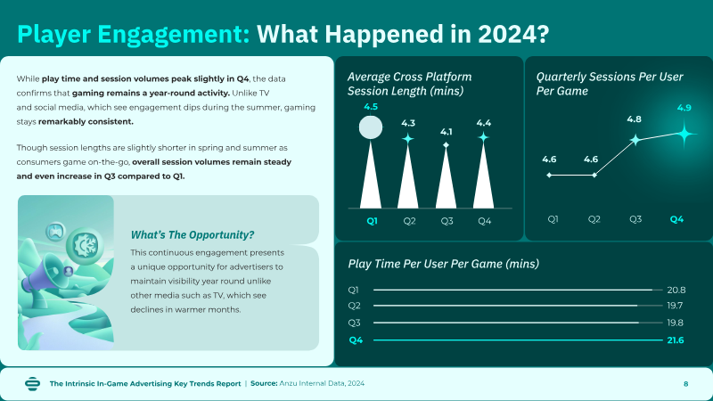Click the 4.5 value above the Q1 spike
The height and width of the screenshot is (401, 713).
(x=371, y=107)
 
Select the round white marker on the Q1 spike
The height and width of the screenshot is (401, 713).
(x=371, y=127)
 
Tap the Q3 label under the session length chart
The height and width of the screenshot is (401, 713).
(x=447, y=221)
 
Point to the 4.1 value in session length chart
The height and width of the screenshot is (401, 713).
(x=447, y=132)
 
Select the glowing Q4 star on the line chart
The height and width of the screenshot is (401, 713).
(x=684, y=134)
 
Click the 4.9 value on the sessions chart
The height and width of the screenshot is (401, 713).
(x=684, y=108)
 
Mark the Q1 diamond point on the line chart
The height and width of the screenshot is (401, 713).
(x=549, y=175)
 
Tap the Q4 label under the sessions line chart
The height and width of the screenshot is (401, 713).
(x=676, y=219)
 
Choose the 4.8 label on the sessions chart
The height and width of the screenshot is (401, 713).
(x=634, y=119)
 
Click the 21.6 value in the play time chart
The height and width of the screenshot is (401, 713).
(x=676, y=340)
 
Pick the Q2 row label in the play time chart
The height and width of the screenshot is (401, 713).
(x=354, y=306)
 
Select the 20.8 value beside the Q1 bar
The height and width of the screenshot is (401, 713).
(x=676, y=290)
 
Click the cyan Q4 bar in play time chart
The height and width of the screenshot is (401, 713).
(x=518, y=340)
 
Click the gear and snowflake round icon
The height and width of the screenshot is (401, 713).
(x=85, y=246)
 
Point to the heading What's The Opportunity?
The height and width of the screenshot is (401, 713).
(x=193, y=235)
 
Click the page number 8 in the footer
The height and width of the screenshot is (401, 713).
(x=685, y=384)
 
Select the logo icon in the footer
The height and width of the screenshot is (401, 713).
(x=33, y=384)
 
